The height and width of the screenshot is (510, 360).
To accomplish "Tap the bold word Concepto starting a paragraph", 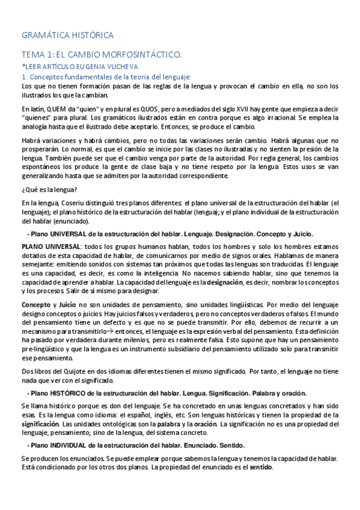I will (36, 305).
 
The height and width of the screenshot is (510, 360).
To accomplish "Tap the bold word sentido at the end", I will (261, 467).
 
